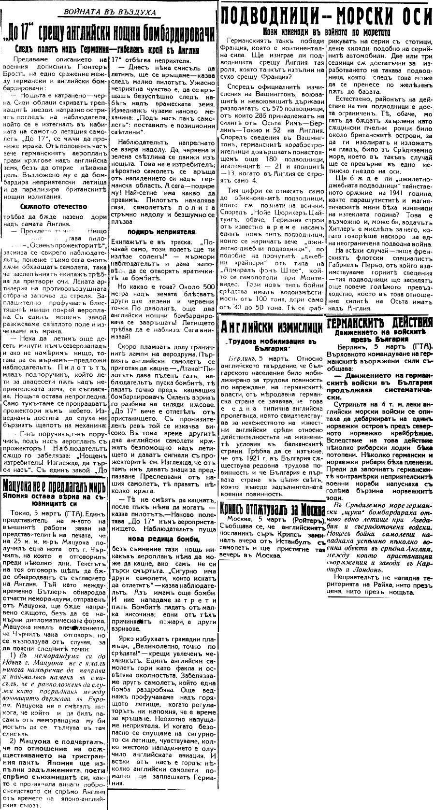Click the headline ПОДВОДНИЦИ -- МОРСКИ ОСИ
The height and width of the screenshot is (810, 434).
point(326,16)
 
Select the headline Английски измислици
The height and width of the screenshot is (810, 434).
point(272,327)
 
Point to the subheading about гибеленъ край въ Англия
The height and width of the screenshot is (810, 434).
point(108,49)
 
